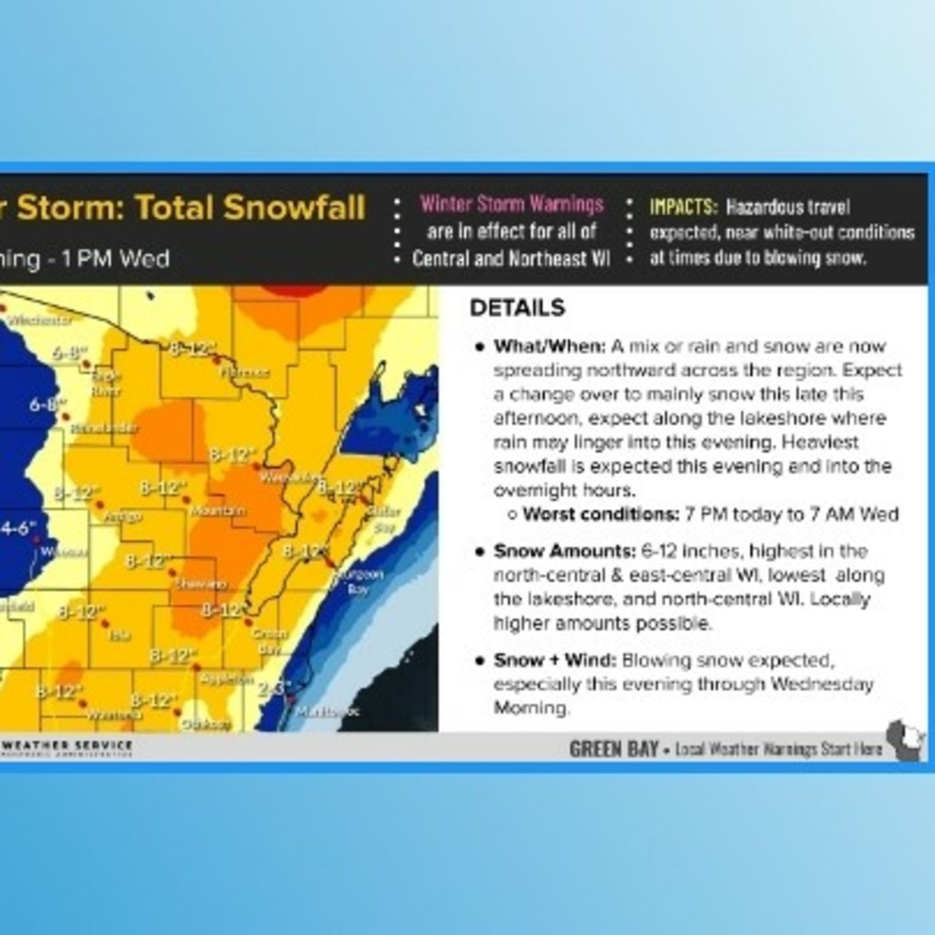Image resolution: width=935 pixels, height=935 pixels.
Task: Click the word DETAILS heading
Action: coord(518,308)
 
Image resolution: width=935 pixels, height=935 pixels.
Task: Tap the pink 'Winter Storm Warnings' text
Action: coord(512,204)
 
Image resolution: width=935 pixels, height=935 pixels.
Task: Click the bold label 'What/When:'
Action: coord(549,347)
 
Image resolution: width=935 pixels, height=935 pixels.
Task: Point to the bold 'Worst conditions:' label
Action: coord(600,514)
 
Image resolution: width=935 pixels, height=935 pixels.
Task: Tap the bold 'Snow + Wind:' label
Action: coord(554,661)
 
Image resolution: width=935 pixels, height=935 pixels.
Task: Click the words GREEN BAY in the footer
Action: coord(614,749)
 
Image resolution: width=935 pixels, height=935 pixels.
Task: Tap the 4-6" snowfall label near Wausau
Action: coord(15,528)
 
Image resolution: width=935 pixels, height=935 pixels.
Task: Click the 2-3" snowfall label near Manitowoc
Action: coord(274,687)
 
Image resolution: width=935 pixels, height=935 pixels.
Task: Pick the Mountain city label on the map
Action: coord(218,511)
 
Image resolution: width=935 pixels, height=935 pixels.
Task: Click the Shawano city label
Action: coord(201,584)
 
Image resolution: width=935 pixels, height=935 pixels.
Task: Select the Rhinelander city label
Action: coord(104,428)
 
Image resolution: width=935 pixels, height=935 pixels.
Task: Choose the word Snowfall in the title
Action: coord(295,207)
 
